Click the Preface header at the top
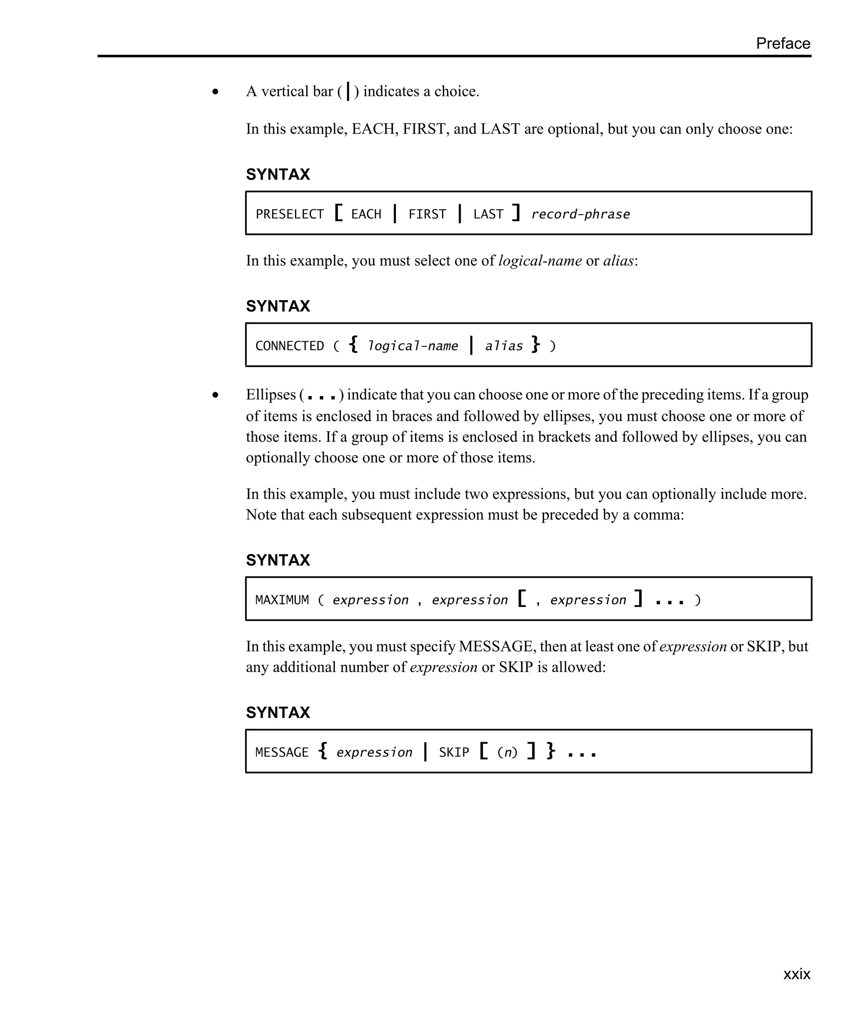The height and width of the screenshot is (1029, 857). coord(783,43)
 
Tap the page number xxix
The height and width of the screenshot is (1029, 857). coord(796,974)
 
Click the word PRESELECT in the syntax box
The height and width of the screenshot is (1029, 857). coord(290,214)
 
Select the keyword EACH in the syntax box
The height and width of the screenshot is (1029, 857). coord(366,214)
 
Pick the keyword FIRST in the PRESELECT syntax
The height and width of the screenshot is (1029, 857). coord(427,214)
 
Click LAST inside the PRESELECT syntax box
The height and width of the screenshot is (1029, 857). coord(488,214)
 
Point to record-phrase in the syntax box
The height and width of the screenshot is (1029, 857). coord(580,214)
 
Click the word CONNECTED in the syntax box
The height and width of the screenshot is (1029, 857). coord(290,346)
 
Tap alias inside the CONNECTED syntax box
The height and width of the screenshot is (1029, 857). coord(503,346)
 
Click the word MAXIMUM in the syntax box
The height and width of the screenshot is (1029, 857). coord(282,600)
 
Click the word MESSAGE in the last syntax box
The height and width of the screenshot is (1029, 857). coord(282,752)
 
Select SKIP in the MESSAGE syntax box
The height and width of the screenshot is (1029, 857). coord(454,752)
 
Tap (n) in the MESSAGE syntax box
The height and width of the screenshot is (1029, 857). coord(507,752)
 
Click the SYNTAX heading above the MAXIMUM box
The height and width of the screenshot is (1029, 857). coord(278,560)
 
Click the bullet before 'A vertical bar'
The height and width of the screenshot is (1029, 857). coord(216,92)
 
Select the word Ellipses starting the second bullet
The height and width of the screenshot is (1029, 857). coord(271,394)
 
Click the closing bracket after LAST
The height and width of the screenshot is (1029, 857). coord(516,213)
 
